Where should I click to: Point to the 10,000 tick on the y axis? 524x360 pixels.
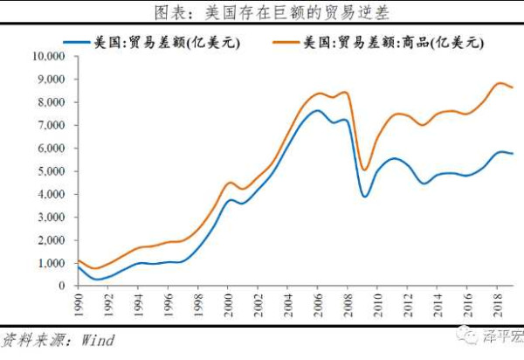click(x=48, y=56)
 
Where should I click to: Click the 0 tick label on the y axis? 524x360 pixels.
click(x=63, y=286)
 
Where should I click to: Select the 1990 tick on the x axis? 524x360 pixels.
click(x=79, y=304)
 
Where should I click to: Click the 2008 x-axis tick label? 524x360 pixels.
click(x=347, y=304)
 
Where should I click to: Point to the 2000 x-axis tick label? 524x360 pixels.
click(x=228, y=304)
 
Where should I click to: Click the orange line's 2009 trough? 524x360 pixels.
click(x=364, y=170)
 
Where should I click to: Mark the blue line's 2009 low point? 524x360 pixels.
click(x=364, y=196)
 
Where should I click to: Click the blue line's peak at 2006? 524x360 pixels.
click(x=317, y=110)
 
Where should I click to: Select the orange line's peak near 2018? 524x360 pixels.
click(x=499, y=83)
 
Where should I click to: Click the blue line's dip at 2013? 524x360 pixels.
click(x=424, y=183)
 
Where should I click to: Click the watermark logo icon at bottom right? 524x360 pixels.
click(x=472, y=337)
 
